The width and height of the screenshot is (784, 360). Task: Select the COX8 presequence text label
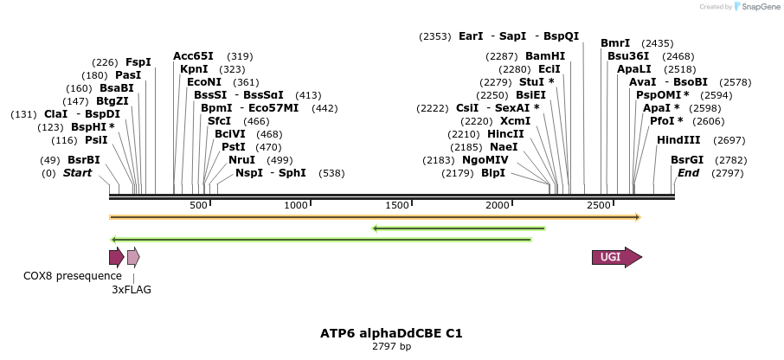[x=73, y=275]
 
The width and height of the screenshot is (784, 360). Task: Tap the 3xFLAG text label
[x=132, y=290]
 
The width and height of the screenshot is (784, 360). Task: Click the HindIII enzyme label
[x=678, y=140]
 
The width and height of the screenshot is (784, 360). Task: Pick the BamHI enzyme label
[x=545, y=55]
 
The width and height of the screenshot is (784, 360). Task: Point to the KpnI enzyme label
[x=194, y=68]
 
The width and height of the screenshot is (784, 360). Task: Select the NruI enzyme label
[x=242, y=159]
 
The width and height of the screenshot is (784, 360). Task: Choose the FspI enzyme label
[x=138, y=62]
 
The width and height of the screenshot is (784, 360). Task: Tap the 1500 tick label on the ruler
[x=396, y=205]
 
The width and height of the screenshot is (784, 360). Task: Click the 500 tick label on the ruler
[x=198, y=205]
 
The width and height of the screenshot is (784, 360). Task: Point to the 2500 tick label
[x=599, y=205]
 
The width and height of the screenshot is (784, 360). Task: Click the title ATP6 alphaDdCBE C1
[x=391, y=332]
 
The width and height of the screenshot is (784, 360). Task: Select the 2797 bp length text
[x=391, y=346]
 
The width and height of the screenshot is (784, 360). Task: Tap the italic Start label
[x=77, y=173]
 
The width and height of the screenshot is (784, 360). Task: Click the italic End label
[x=688, y=173]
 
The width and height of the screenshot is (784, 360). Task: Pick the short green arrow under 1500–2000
[x=459, y=228]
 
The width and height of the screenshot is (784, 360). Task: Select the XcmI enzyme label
[x=516, y=121]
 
